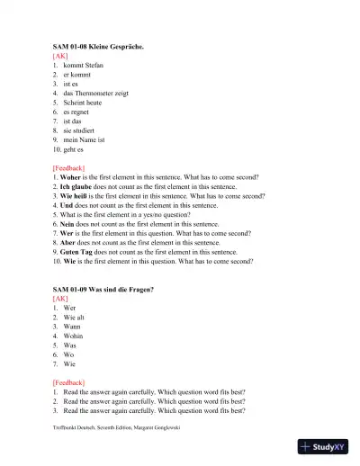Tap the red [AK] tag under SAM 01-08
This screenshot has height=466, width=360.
point(60,55)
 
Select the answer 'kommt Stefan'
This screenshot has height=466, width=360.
point(83,66)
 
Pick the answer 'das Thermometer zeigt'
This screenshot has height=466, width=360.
point(96,93)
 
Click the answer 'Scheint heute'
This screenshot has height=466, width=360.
point(85,103)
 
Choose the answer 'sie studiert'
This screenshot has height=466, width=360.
point(81,130)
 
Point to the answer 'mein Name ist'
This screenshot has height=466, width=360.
point(85,140)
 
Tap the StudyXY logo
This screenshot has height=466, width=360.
point(324,447)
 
